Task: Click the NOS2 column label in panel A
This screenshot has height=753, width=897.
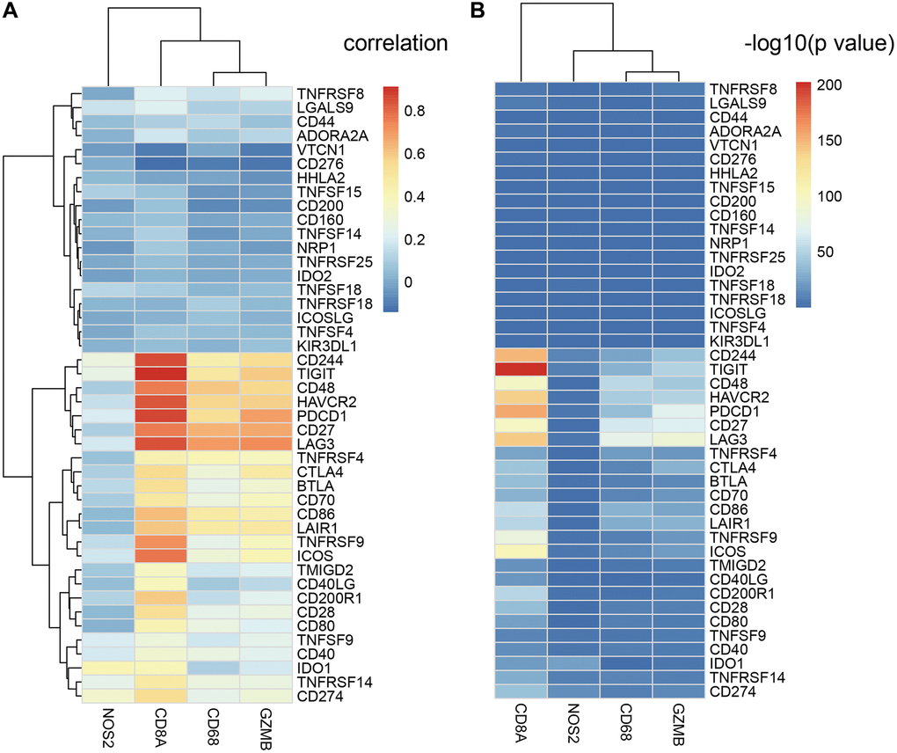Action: (107, 727)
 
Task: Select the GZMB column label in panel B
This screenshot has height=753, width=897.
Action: (680, 727)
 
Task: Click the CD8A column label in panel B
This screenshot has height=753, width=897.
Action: (520, 727)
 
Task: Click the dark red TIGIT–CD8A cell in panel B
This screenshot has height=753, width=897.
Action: (520, 369)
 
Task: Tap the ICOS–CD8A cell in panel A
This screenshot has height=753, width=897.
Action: (160, 555)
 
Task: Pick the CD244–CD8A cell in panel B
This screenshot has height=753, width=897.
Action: (520, 355)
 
